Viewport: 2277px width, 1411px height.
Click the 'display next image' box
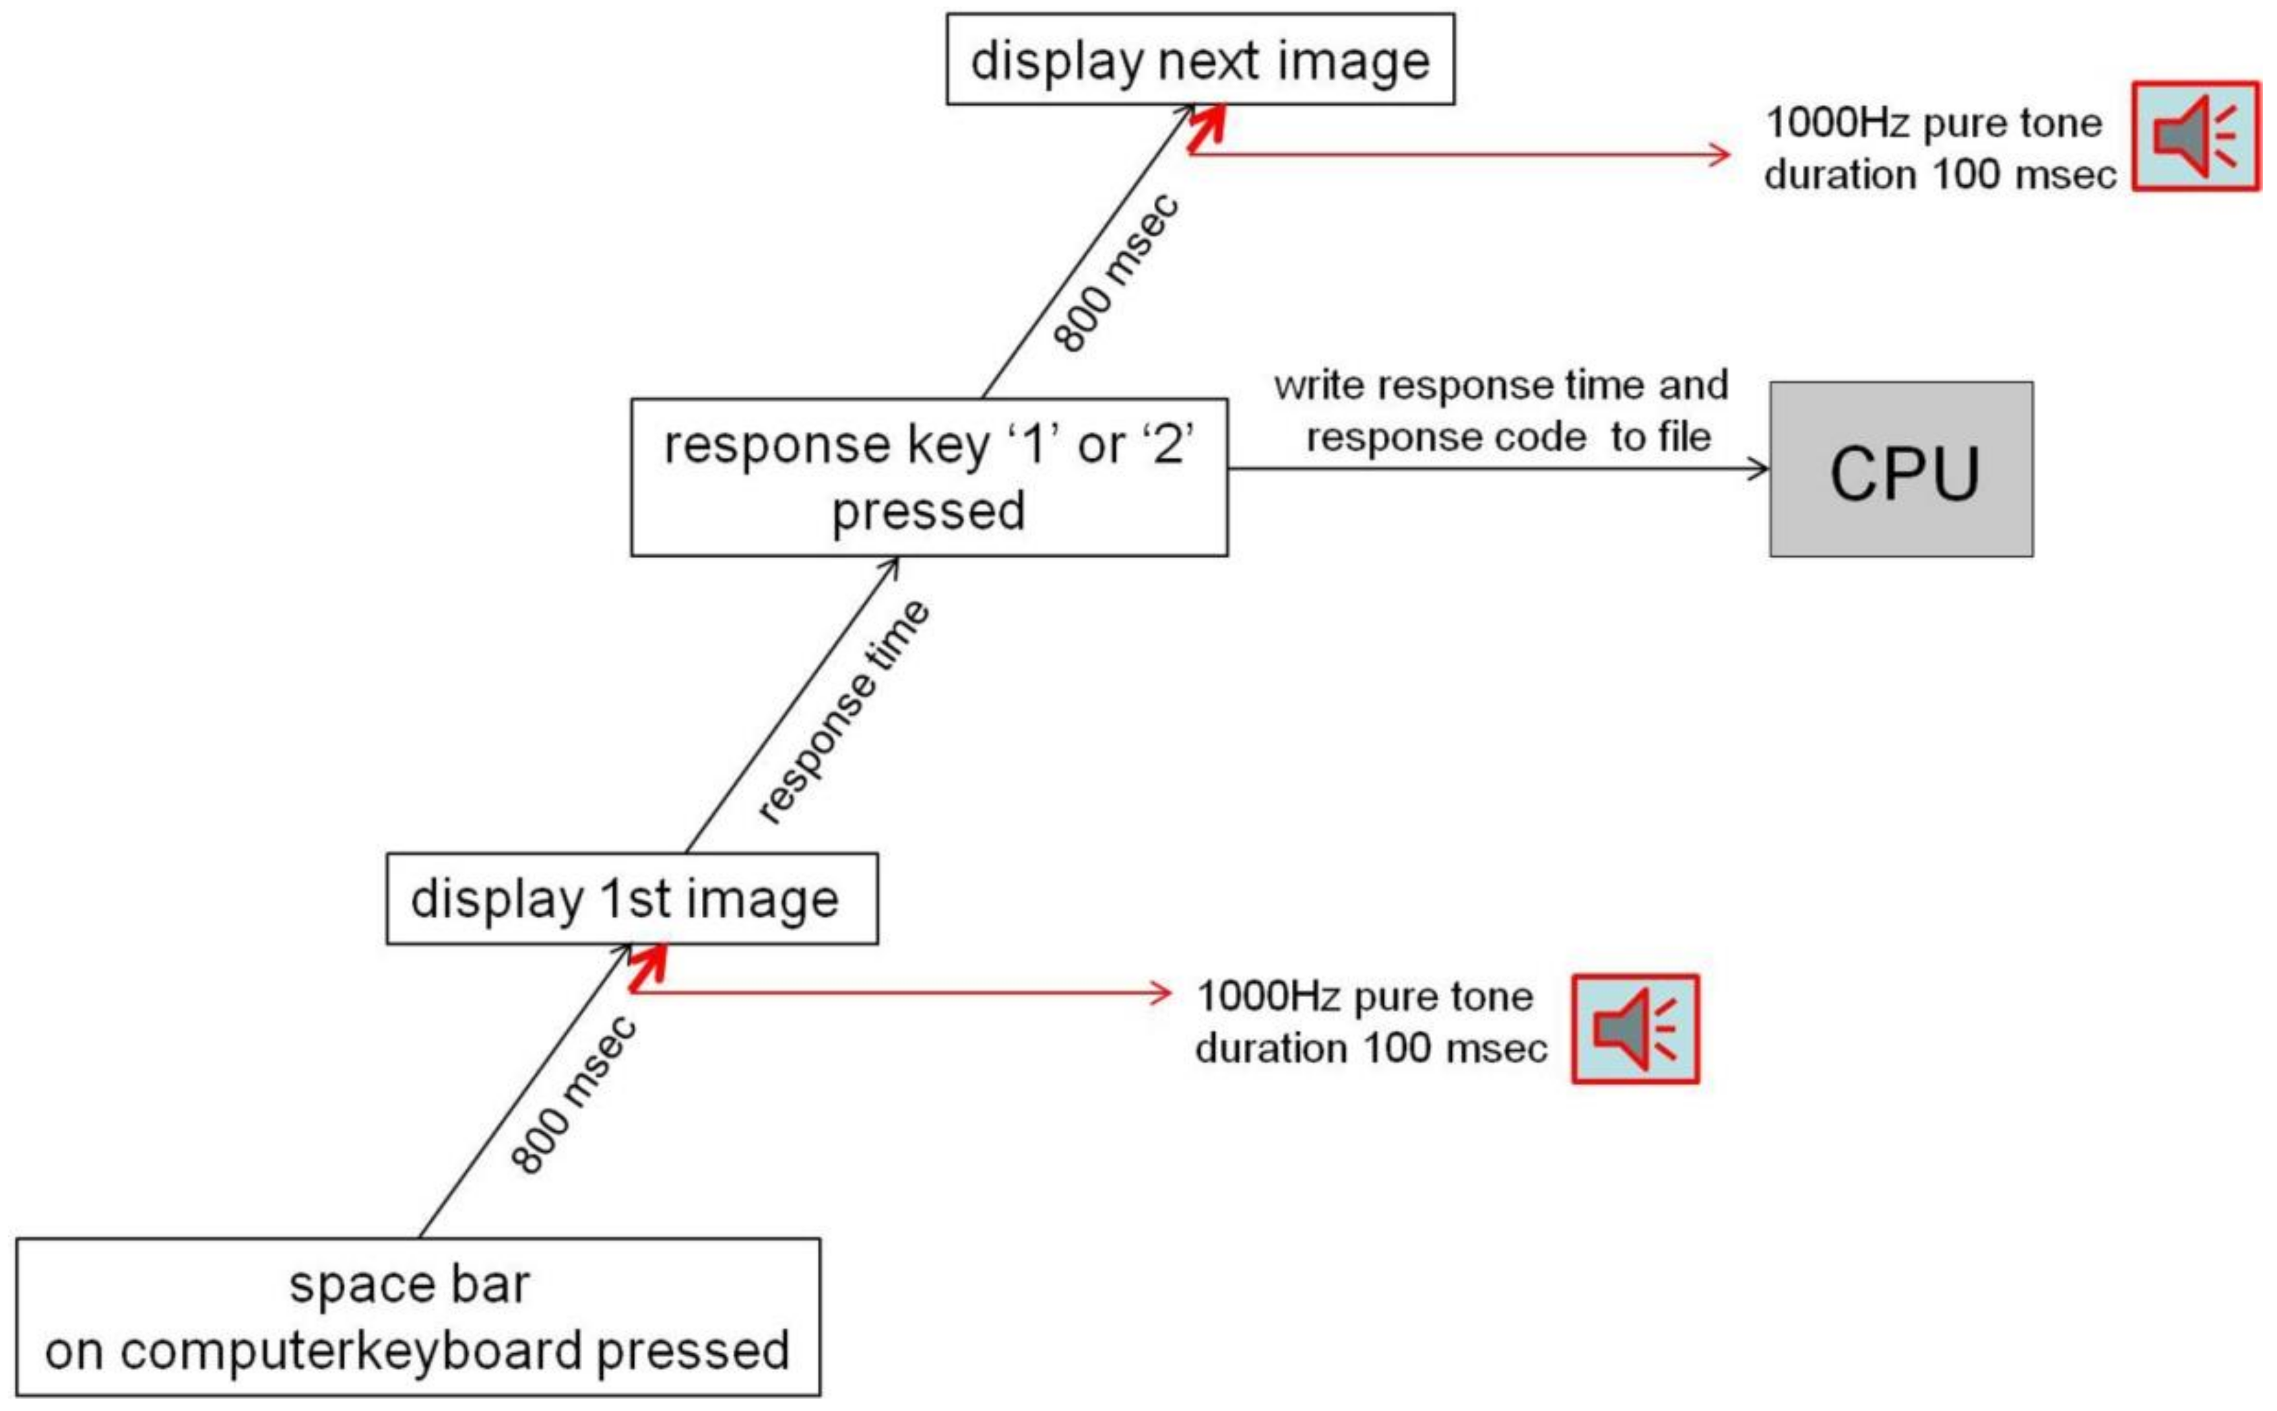pos(1200,60)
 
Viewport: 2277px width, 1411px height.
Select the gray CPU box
pos(1901,469)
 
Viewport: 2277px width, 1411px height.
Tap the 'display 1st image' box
pos(632,899)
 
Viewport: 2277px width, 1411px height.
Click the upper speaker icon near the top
pos(2195,136)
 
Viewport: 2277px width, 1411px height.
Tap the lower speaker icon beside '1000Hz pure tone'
pos(1635,1029)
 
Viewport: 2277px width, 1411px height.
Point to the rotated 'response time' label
pos(843,712)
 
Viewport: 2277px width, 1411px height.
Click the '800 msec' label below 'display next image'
pos(1116,273)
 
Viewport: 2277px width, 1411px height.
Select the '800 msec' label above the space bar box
pos(573,1094)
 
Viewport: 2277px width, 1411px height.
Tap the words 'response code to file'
pos(1508,437)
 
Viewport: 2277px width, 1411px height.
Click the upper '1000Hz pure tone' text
pos(1933,123)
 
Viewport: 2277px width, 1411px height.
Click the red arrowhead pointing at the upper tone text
pos(1721,154)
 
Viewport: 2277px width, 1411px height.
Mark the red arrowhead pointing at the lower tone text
pos(1161,992)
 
